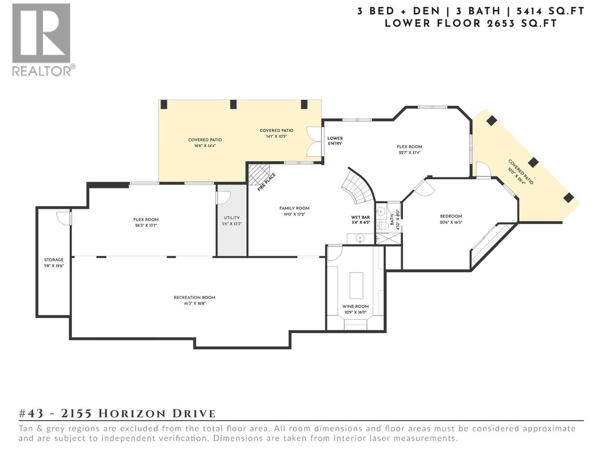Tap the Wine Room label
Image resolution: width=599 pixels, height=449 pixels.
355,306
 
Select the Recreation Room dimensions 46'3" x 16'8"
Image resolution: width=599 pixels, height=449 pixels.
194,303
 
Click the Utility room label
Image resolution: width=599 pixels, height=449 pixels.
232,218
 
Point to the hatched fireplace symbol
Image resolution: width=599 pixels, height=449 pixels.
258,174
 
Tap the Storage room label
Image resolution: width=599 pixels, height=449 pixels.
54,260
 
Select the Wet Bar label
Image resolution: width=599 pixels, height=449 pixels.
360,217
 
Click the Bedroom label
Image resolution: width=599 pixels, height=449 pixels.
451,216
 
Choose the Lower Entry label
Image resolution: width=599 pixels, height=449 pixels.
335,141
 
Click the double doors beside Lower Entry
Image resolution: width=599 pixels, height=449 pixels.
314,141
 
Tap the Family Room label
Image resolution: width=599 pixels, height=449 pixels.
294,208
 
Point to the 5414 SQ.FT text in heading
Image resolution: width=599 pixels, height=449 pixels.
550,11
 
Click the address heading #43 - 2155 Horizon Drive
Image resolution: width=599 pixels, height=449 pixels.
117,413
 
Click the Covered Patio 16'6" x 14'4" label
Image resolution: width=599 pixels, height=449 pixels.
205,143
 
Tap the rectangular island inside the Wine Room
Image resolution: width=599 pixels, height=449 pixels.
356,285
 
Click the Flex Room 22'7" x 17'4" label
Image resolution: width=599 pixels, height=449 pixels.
409,149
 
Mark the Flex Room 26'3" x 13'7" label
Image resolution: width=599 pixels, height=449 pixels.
146,222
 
